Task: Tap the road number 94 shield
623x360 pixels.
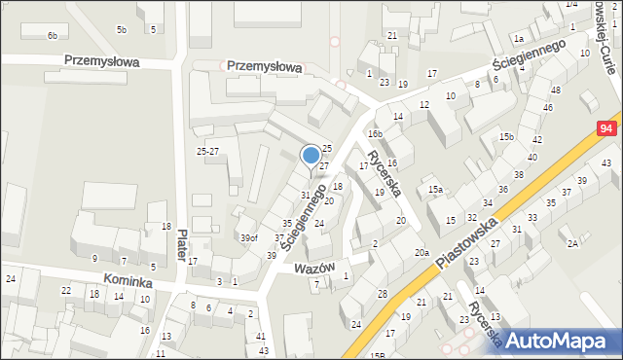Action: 607,128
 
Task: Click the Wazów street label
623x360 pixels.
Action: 313,267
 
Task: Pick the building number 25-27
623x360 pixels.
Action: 207,152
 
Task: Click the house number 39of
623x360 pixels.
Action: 249,237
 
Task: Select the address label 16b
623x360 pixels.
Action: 375,133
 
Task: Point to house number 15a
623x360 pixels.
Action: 436,189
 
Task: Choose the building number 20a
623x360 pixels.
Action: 421,253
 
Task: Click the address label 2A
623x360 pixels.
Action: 573,242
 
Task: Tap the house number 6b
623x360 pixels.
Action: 53,36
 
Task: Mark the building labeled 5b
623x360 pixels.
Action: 122,30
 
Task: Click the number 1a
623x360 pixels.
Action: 520,39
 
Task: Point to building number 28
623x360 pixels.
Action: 383,294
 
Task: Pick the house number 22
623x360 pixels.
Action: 66,291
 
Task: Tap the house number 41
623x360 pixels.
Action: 261,337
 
